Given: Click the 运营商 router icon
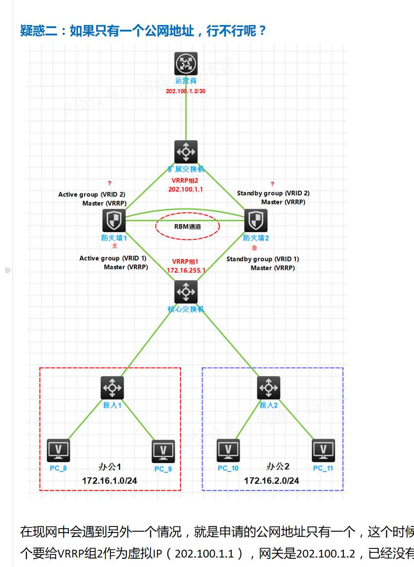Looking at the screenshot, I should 186,64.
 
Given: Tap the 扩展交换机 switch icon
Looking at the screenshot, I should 186,152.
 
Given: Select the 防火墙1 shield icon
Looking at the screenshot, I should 114,220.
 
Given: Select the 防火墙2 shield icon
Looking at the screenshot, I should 256,220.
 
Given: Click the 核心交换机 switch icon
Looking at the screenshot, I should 186,292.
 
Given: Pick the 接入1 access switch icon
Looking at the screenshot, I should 112,388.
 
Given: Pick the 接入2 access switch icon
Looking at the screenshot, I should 268,388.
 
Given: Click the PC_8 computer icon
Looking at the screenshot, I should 58,451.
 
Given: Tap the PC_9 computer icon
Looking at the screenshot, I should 163,451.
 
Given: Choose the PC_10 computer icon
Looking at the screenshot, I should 228,451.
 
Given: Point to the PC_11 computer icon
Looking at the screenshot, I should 323,451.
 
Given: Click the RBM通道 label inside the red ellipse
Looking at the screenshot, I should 188,226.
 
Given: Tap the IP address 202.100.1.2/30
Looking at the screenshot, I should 185,91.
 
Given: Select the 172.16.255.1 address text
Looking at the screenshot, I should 186,270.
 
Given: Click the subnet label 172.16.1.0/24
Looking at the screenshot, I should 110,480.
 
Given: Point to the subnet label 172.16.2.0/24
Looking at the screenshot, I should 271,480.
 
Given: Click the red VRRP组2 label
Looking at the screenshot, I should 185,181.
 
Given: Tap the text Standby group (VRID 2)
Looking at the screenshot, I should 273,193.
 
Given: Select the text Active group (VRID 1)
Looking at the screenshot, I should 113,258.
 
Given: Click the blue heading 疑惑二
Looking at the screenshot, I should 38,31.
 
